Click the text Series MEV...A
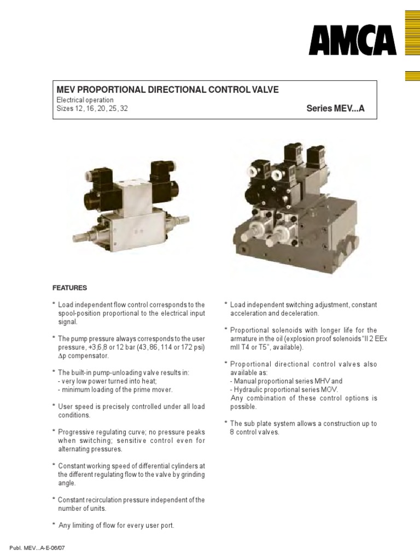tap(335, 109)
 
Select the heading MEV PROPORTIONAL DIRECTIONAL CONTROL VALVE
tap(168, 89)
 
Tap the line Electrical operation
tap(85, 100)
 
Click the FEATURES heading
tap(69, 288)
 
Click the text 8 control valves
tap(255, 432)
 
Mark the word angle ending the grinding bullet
tap(67, 483)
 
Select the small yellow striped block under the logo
tap(412, 76)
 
